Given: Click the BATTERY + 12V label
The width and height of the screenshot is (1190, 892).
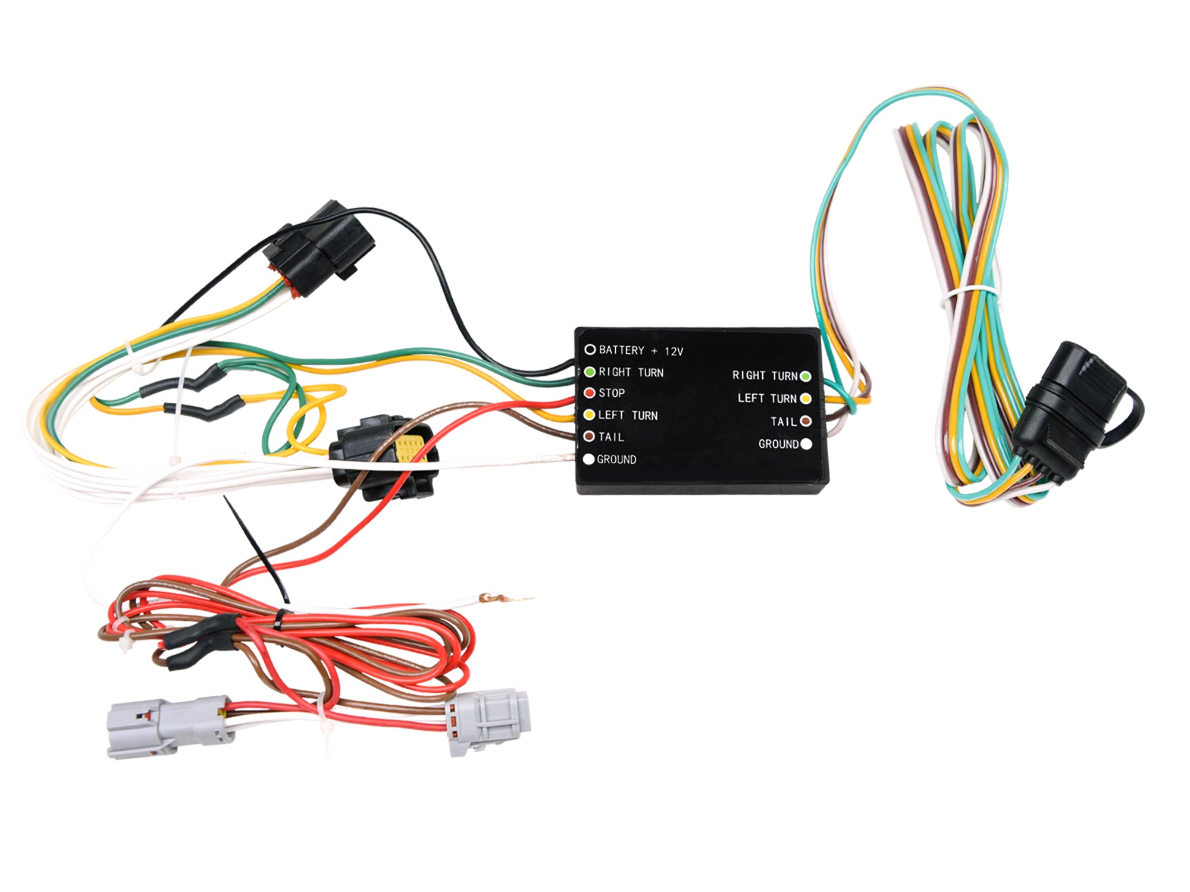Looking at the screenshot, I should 641,350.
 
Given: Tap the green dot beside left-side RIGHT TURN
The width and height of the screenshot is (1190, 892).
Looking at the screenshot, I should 589,372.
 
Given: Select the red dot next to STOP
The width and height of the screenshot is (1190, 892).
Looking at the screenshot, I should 589,392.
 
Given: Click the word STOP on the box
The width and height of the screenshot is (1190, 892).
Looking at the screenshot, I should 612,392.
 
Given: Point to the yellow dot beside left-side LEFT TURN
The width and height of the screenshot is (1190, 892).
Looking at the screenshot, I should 589,414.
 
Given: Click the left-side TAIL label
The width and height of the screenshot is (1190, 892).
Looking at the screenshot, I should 611,436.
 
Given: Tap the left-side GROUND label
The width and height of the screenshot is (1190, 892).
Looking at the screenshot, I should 616,459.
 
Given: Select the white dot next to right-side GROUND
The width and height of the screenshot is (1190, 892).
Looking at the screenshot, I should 806,444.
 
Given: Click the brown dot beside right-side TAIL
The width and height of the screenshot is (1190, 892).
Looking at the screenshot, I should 806,421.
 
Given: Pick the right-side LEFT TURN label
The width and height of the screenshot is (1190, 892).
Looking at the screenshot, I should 766,398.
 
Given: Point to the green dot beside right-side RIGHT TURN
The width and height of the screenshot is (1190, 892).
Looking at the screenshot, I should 806,376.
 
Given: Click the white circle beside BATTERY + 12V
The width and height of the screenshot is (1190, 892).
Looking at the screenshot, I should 590,349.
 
